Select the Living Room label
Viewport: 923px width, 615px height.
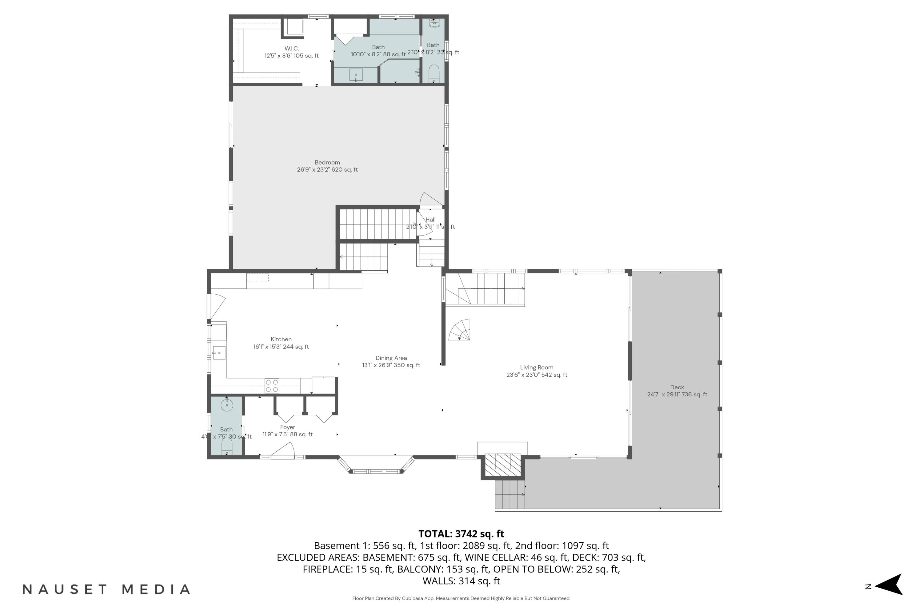tap(537, 367)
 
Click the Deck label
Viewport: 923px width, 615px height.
tap(677, 387)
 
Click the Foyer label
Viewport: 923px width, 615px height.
tap(287, 427)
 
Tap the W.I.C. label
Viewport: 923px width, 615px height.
tap(292, 49)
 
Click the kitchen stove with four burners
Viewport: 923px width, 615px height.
tap(272, 386)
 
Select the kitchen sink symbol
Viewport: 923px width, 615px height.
tap(219, 353)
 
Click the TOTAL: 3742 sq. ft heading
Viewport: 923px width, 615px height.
tap(461, 534)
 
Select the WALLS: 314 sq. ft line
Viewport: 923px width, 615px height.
tap(461, 581)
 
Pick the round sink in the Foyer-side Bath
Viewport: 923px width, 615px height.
tap(227, 405)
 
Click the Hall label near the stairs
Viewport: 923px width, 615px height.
tap(430, 220)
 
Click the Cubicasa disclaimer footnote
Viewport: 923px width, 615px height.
tap(461, 598)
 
